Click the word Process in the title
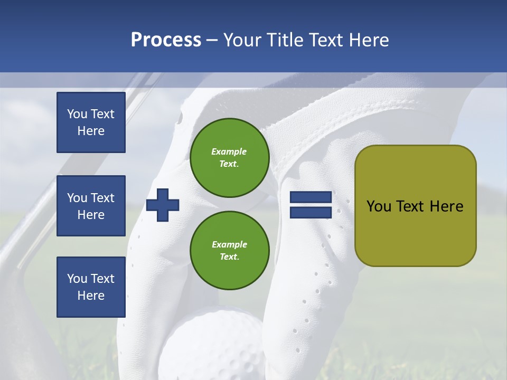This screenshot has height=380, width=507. [166, 40]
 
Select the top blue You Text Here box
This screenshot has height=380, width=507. [91, 122]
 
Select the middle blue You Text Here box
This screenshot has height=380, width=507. [91, 206]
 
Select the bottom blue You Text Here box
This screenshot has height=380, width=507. [91, 287]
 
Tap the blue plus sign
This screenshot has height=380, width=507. [163, 205]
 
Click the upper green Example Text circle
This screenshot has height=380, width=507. [229, 157]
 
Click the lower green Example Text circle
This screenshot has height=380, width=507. [229, 250]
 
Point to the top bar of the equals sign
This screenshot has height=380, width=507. [311, 197]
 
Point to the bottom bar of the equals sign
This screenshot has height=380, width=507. [311, 213]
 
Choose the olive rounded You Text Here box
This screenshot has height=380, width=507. [415, 205]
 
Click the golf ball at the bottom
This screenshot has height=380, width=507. [211, 343]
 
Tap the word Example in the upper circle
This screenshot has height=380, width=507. [229, 151]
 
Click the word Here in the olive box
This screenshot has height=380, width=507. [446, 206]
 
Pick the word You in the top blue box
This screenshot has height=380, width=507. [77, 114]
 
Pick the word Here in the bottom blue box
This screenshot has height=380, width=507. [91, 296]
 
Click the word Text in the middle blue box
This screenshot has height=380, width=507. [102, 198]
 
